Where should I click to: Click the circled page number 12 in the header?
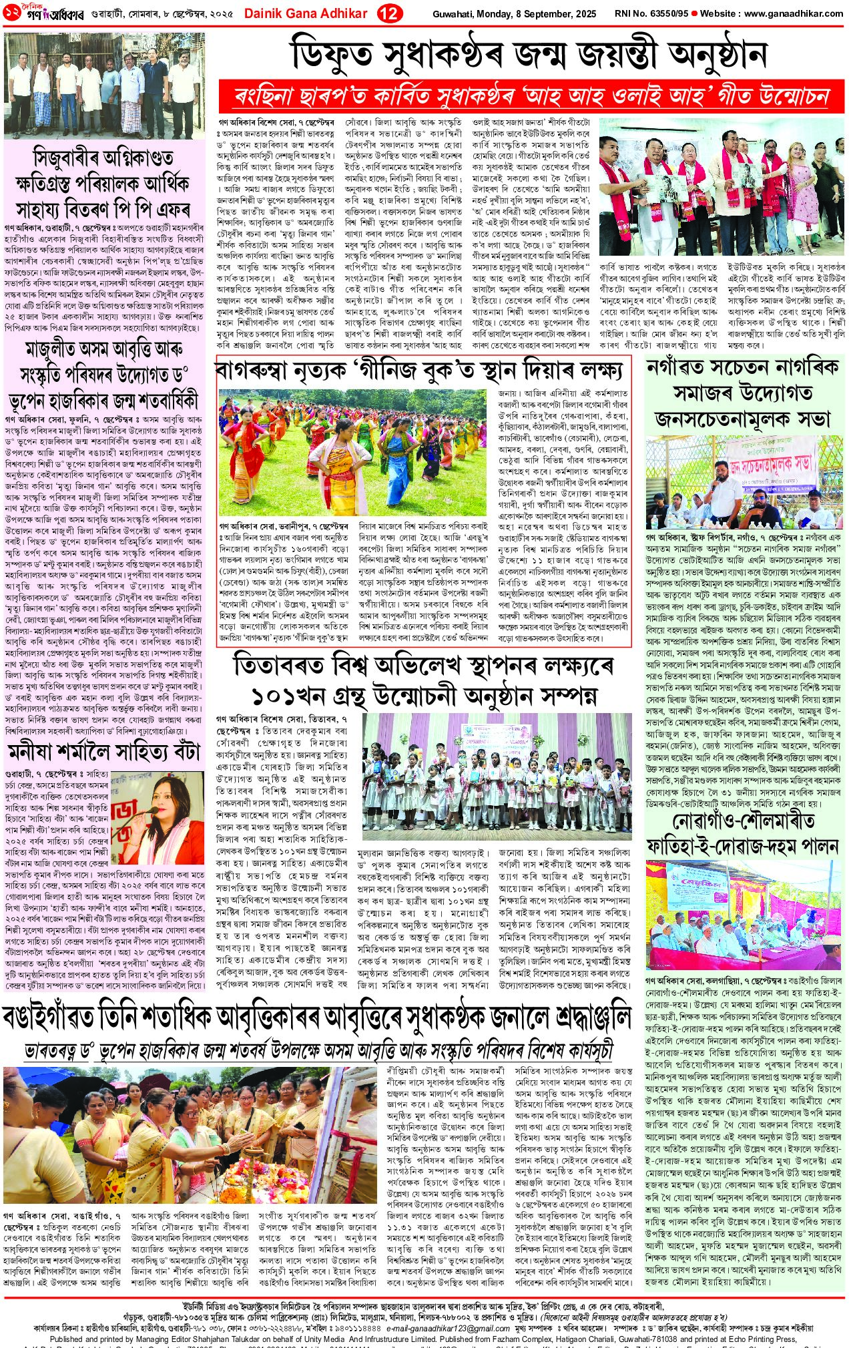(388, 13)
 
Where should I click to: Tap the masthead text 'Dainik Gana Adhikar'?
(306, 13)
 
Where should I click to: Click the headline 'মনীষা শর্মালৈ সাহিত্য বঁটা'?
(104, 751)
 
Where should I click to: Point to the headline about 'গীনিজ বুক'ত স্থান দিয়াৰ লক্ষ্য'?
(423, 369)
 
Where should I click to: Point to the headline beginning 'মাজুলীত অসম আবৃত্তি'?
(104, 374)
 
